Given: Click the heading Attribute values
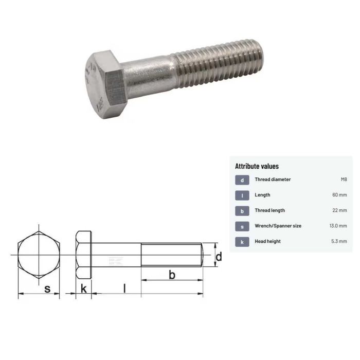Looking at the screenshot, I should click(x=257, y=166).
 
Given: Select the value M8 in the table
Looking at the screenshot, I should click(x=344, y=179).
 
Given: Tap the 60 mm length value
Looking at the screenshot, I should click(x=339, y=195).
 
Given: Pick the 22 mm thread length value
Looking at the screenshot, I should click(x=339, y=210).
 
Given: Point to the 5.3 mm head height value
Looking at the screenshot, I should click(x=339, y=241).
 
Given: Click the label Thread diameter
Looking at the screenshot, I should click(x=273, y=179).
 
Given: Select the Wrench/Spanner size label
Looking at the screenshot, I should click(x=278, y=226).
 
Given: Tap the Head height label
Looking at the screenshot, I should click(x=267, y=241).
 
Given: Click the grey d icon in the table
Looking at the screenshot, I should click(x=242, y=180).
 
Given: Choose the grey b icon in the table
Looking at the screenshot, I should click(x=242, y=211).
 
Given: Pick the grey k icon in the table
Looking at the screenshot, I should click(x=242, y=242).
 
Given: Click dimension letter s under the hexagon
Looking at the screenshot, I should click(x=47, y=289).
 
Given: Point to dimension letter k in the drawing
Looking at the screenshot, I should click(x=83, y=289).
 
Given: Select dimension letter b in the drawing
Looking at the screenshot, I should click(x=172, y=275).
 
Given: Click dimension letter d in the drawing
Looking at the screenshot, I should click(x=219, y=256).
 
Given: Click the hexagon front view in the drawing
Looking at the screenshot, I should click(x=39, y=255).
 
